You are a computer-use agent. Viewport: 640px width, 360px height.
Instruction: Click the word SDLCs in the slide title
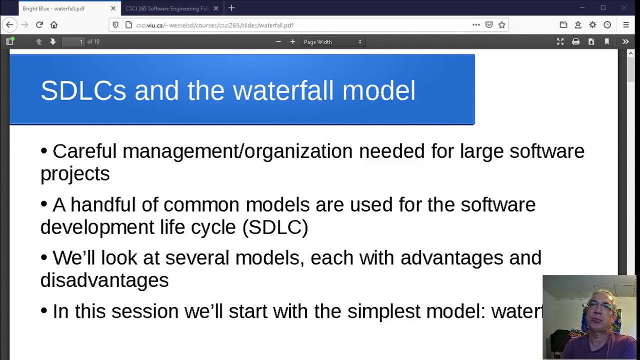pyautogui.click(x=83, y=90)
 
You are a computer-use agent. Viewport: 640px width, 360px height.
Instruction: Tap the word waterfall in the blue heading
pyautogui.click(x=283, y=90)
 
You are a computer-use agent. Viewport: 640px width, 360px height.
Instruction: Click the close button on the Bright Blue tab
pyautogui.click(x=113, y=8)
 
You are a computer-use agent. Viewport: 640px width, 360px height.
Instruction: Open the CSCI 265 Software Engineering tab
pyautogui.click(x=166, y=8)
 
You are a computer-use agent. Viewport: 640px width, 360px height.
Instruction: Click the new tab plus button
pyautogui.click(x=231, y=8)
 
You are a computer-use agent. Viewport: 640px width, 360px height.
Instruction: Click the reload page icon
pyautogui.click(x=39, y=25)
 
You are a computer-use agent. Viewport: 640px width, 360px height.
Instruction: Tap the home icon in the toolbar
pyautogui.click(x=54, y=25)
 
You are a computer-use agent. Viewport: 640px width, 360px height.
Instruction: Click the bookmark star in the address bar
pyautogui.click(x=502, y=25)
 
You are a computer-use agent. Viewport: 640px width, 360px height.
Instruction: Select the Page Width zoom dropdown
pyautogui.click(x=332, y=42)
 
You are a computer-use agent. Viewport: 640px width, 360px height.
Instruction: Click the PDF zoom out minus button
pyautogui.click(x=278, y=42)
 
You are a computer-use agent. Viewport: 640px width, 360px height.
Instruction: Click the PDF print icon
pyautogui.click(x=575, y=42)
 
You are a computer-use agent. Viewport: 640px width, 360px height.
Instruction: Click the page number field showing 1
pyautogui.click(x=73, y=42)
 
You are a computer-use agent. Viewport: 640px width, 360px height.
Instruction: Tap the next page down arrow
pyautogui.click(x=53, y=42)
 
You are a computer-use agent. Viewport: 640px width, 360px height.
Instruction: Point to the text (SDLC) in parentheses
pyautogui.click(x=275, y=227)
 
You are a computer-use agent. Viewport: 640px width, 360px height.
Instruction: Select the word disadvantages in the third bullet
pyautogui.click(x=104, y=280)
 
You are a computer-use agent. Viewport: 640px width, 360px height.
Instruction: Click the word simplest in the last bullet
pyautogui.click(x=383, y=311)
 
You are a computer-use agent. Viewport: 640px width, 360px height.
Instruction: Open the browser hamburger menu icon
pyautogui.click(x=626, y=25)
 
